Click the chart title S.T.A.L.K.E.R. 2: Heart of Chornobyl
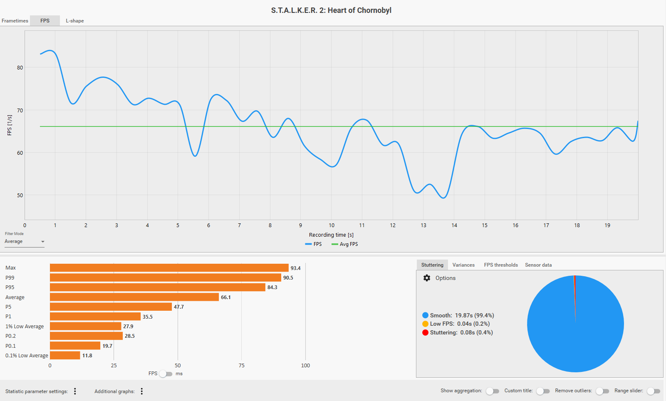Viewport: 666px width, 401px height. click(x=331, y=10)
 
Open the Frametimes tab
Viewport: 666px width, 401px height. click(x=15, y=21)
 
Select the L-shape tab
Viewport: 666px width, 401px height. click(x=75, y=21)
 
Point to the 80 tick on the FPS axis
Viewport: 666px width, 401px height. click(x=20, y=68)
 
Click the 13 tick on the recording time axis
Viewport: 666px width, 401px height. click(x=423, y=225)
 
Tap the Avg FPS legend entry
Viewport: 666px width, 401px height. click(x=345, y=244)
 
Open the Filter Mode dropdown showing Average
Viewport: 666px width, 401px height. click(x=25, y=242)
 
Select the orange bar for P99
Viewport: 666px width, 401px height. click(x=166, y=277)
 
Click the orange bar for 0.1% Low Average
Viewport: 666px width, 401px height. click(x=65, y=356)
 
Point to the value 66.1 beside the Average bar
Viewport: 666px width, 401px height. click(x=226, y=297)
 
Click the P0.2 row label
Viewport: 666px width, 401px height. click(x=11, y=336)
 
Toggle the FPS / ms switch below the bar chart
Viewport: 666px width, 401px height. click(x=166, y=374)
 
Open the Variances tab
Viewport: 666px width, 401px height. click(x=463, y=265)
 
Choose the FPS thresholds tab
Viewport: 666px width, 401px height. click(x=501, y=265)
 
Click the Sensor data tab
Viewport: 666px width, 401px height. click(x=538, y=265)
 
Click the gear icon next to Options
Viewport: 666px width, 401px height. click(x=427, y=278)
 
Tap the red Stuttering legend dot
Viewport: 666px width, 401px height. click(x=425, y=332)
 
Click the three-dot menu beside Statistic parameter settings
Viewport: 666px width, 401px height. click(x=75, y=391)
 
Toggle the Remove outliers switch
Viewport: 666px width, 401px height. click(x=602, y=391)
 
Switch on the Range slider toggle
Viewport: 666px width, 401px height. click(x=654, y=391)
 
